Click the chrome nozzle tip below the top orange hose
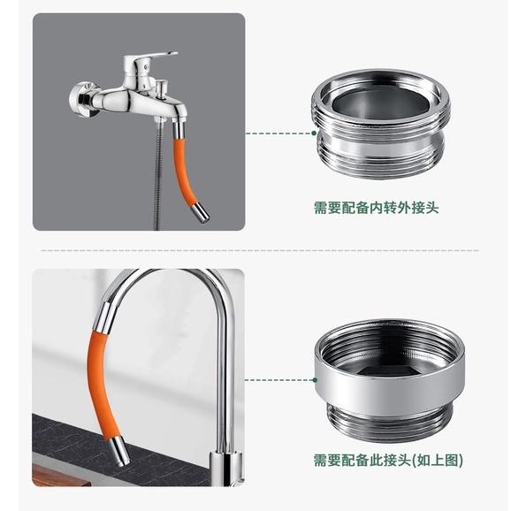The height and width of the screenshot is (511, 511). coord(202,212)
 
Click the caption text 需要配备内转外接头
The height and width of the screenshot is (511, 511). coord(376,208)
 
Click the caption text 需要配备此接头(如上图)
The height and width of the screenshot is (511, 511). coord(388,461)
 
